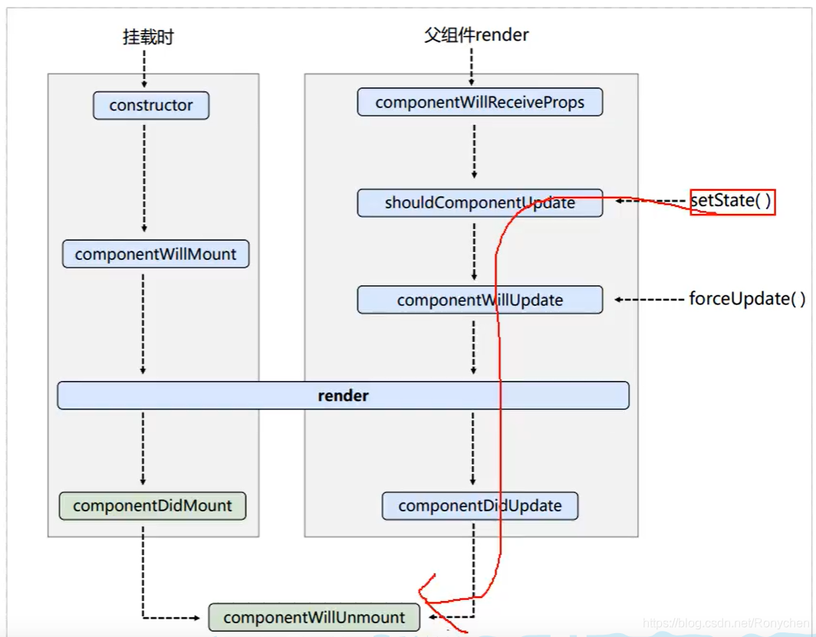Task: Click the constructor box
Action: pyautogui.click(x=151, y=106)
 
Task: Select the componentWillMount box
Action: pyautogui.click(x=156, y=254)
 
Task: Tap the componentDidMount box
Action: pyautogui.click(x=153, y=506)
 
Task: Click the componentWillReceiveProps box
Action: pyautogui.click(x=479, y=102)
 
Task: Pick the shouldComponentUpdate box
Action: pyautogui.click(x=479, y=203)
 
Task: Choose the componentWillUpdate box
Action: pyautogui.click(x=479, y=300)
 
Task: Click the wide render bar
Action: pyautogui.click(x=343, y=396)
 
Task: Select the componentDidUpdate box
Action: pyautogui.click(x=479, y=506)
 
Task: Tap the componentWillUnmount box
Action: pyautogui.click(x=314, y=617)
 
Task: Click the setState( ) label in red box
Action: pyautogui.click(x=732, y=202)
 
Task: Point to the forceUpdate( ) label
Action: pyautogui.click(x=747, y=299)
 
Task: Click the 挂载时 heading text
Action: pyautogui.click(x=148, y=37)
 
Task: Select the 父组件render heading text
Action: pyautogui.click(x=476, y=34)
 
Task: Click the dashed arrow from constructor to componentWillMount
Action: pyautogui.click(x=144, y=176)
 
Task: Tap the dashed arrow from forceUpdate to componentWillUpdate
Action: pyautogui.click(x=649, y=300)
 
